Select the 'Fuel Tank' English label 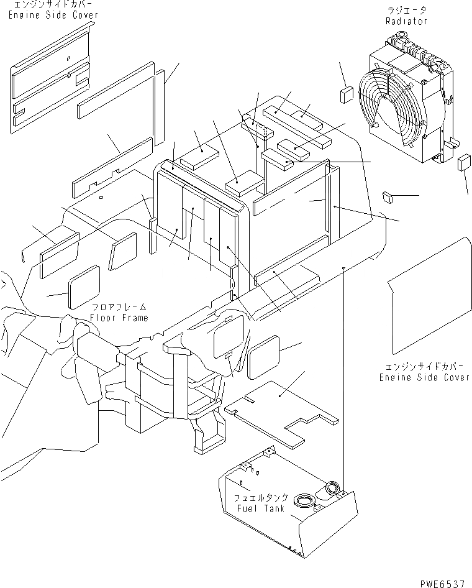261,508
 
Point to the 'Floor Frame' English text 119,318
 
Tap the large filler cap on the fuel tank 304,499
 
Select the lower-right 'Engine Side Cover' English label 425,377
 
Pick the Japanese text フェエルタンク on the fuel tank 261,498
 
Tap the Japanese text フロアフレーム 119,308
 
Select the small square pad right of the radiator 464,163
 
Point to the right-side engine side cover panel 429,298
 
